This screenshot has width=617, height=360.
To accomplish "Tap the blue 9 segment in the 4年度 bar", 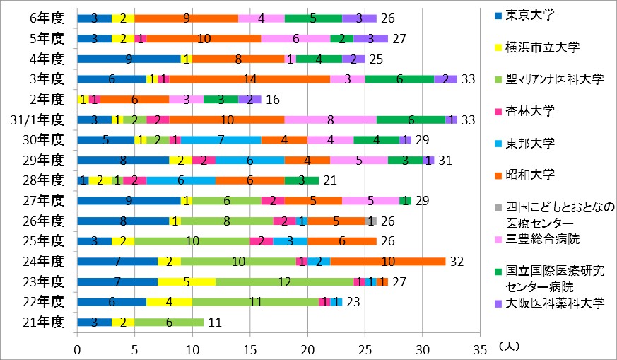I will point(128,58).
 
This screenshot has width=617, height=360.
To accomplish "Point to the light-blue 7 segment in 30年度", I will point(221,139).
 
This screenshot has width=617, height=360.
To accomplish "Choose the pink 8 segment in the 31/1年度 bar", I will point(330,119).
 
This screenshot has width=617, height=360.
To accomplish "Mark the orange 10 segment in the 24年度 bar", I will point(387,261).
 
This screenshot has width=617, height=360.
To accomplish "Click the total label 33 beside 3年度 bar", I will point(467,79).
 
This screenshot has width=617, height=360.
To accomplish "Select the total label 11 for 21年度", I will point(216,322).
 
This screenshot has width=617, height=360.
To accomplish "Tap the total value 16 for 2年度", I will point(273,99).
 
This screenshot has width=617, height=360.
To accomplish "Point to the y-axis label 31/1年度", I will point(42,119).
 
